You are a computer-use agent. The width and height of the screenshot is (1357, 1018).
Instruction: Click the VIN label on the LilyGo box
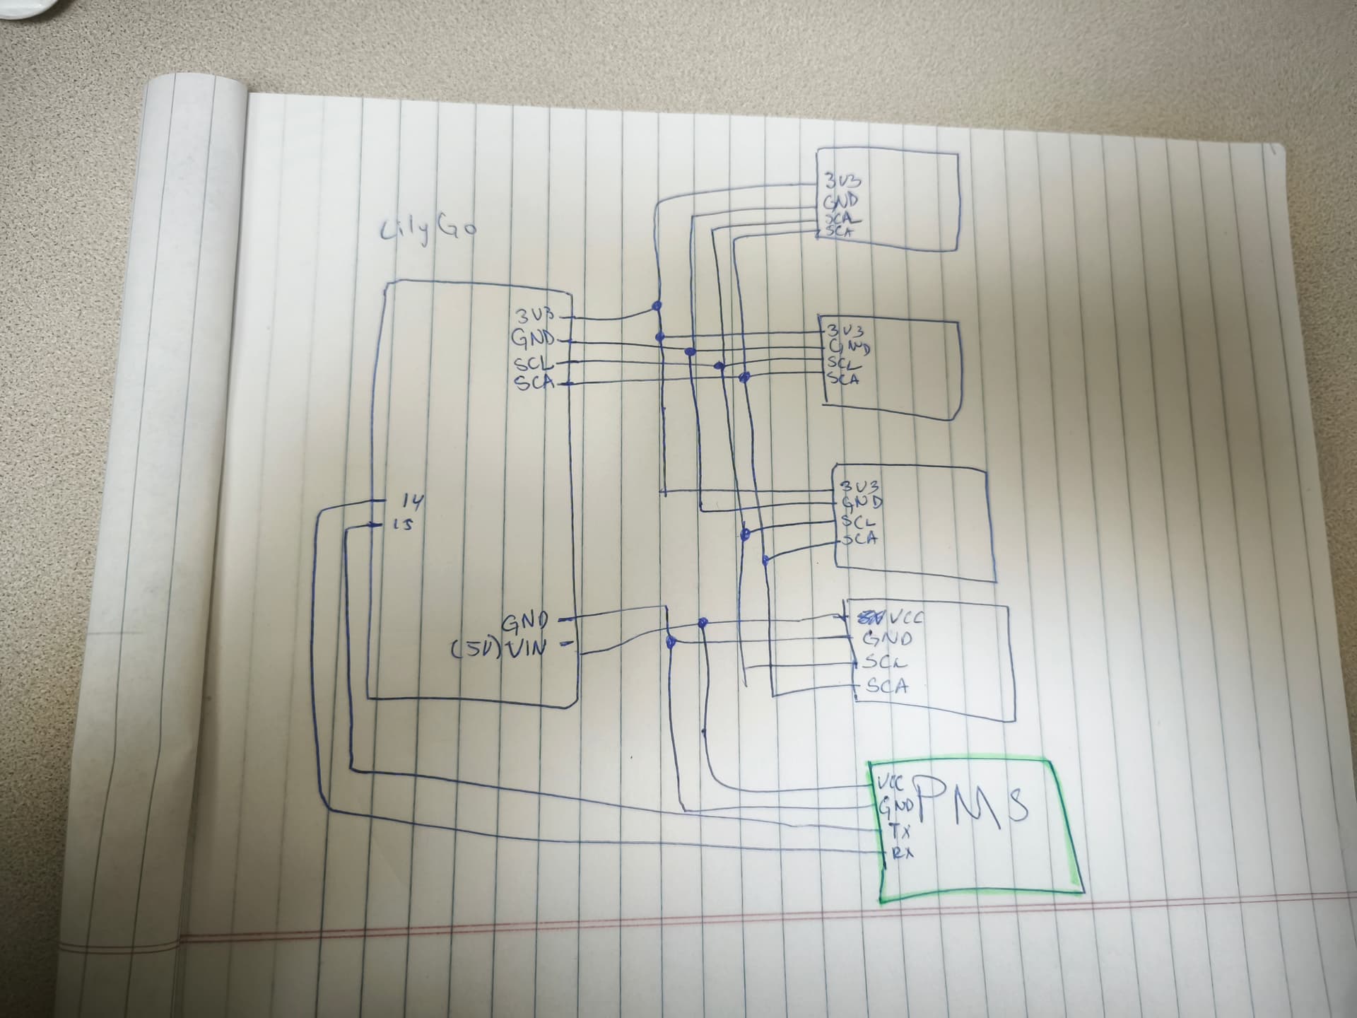tap(526, 648)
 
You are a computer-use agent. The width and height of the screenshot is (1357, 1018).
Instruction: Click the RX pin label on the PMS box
tap(902, 853)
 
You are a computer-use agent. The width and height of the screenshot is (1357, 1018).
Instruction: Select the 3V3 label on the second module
tap(846, 331)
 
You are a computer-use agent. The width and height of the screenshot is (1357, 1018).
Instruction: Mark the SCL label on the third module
tap(858, 522)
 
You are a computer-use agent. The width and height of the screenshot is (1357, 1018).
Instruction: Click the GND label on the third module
tap(861, 503)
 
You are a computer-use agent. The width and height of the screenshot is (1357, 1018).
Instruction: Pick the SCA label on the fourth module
tap(886, 685)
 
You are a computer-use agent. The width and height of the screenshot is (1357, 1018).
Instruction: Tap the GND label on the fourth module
tap(887, 639)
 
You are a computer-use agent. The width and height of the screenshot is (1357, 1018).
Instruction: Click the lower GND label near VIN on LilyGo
tap(524, 622)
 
